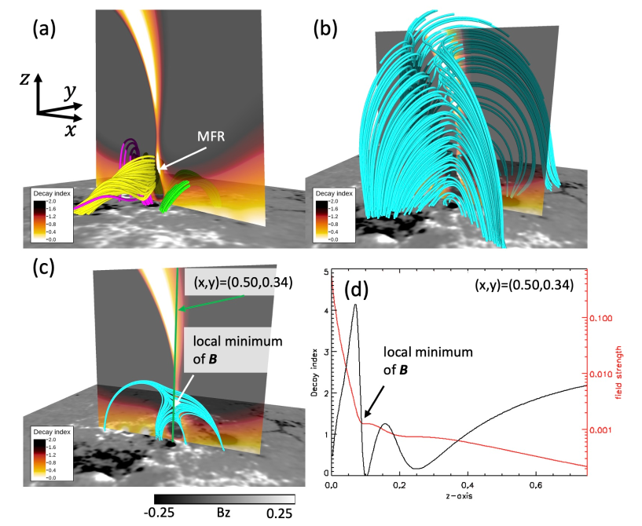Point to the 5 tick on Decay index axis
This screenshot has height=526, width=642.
325,270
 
